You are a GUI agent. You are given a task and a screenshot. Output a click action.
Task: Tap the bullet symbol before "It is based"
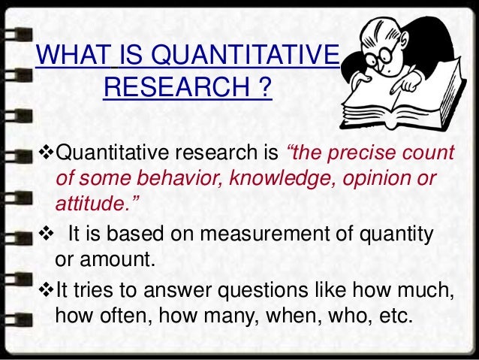tap(45, 235)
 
